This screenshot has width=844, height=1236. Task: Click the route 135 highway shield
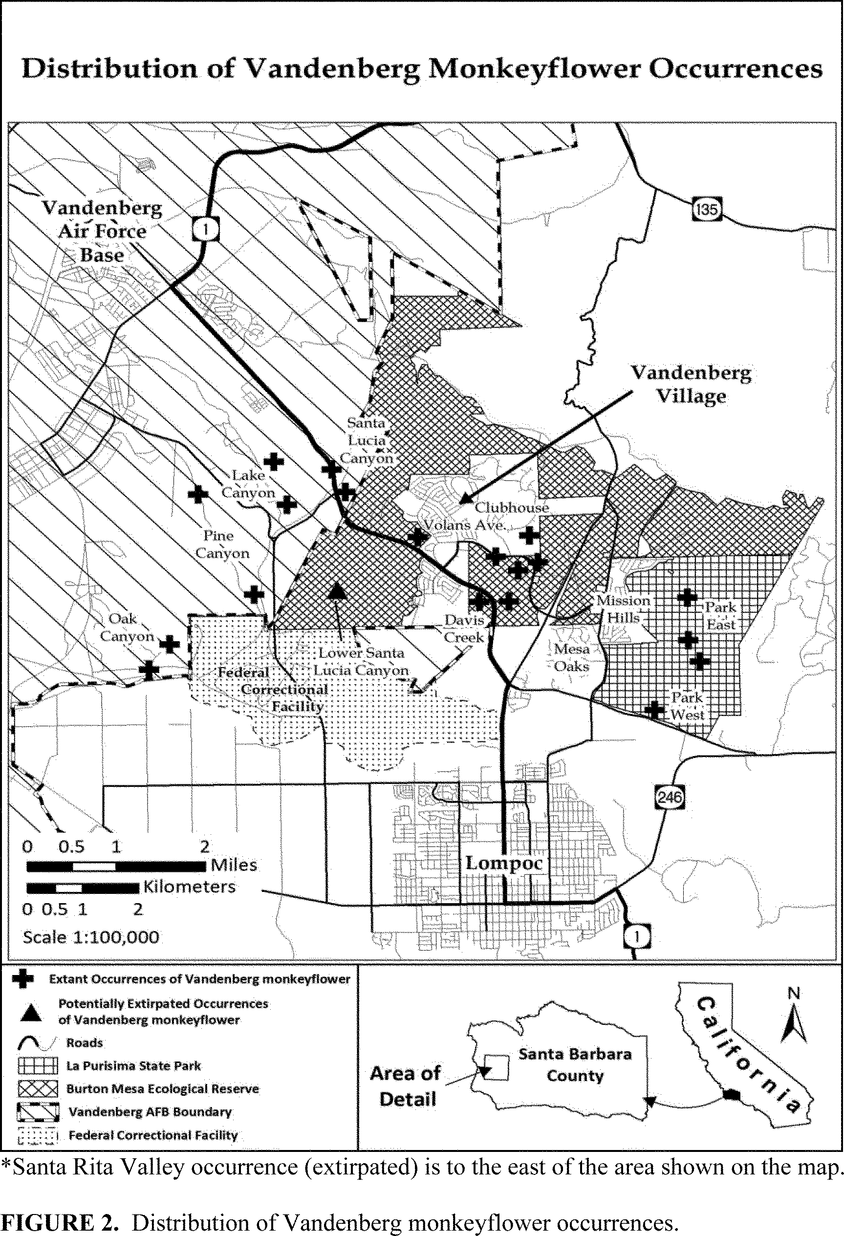click(707, 209)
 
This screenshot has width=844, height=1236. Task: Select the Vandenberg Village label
click(692, 384)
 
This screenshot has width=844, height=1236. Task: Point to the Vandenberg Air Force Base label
click(102, 231)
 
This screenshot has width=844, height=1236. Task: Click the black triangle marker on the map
click(337, 590)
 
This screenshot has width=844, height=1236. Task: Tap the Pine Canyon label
click(222, 544)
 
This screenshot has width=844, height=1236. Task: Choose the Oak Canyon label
click(127, 627)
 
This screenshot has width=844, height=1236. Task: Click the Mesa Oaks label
click(572, 657)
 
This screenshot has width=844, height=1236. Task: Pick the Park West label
click(687, 706)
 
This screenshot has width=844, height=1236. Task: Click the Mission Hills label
click(623, 609)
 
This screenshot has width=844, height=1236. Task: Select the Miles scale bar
click(116, 866)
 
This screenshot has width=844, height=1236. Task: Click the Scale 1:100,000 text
click(91, 936)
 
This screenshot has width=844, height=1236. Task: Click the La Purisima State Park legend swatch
click(37, 1066)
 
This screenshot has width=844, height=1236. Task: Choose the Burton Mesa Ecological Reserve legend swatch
click(37, 1089)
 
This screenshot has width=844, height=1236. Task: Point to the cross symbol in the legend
click(22, 979)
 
